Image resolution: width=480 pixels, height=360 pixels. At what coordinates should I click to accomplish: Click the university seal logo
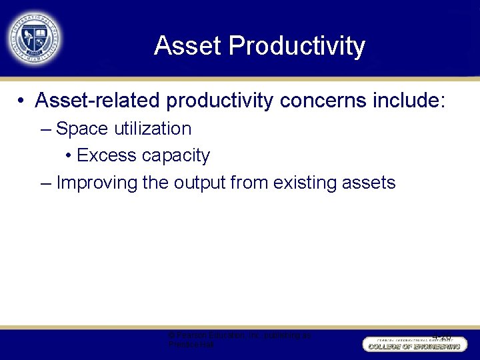(34, 37)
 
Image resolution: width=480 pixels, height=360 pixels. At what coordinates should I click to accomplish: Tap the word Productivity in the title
(297, 46)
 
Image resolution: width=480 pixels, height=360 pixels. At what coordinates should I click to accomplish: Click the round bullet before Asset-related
(22, 101)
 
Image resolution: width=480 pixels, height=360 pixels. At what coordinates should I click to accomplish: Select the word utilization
(152, 129)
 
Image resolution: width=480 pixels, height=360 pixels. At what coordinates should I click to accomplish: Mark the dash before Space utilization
(45, 129)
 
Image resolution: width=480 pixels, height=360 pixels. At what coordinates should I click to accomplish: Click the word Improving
(97, 183)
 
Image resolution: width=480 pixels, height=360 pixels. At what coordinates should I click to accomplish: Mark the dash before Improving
(45, 183)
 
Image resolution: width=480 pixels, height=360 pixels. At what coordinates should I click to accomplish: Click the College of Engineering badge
(413, 345)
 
